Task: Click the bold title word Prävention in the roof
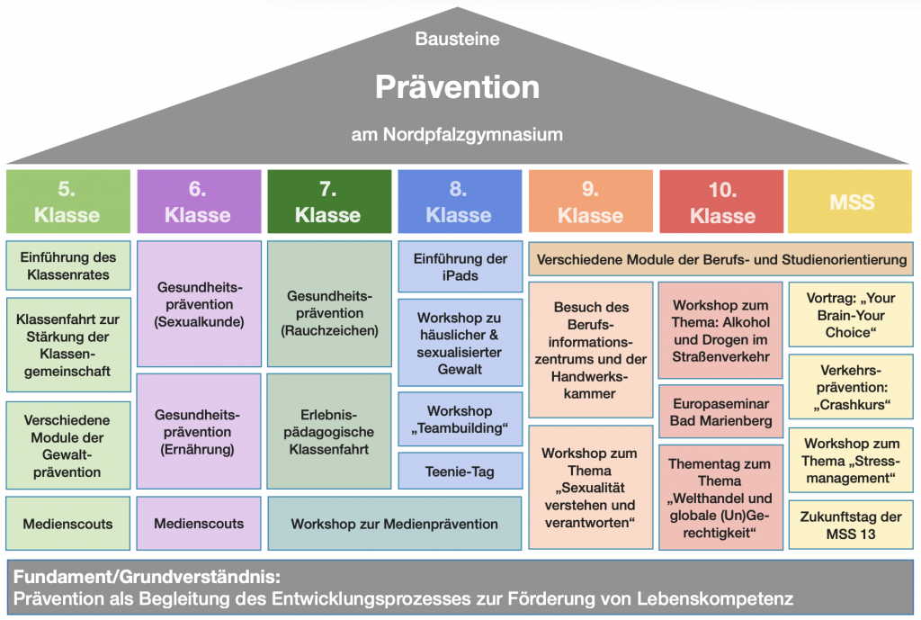457,86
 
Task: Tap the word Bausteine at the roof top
457,39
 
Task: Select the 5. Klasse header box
67,202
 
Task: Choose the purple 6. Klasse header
198,202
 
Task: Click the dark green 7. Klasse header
328,202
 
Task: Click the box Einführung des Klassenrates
67,265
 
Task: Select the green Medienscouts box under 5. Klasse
67,523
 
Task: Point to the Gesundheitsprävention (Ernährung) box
199,432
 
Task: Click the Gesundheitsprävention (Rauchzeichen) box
329,313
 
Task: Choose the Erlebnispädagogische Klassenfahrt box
329,432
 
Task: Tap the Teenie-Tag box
460,471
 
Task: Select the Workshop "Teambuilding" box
460,419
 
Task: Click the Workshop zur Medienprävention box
394,523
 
